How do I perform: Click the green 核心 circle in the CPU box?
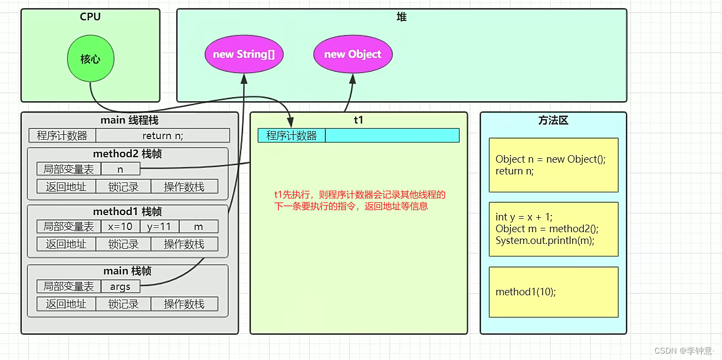click(90, 59)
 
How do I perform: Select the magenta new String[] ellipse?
click(244, 54)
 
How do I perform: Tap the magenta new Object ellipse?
click(353, 54)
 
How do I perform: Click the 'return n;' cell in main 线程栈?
click(163, 135)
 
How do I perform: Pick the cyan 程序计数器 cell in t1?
click(291, 135)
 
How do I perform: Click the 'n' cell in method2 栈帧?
click(120, 169)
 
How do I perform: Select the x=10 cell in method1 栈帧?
click(120, 226)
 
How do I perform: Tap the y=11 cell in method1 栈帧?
click(159, 226)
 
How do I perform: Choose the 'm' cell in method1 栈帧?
click(199, 226)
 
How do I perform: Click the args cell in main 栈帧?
click(120, 286)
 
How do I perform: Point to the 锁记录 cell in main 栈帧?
click(123, 304)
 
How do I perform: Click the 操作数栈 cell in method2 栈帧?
click(184, 186)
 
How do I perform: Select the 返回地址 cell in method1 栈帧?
click(66, 244)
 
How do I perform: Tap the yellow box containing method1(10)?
click(553, 292)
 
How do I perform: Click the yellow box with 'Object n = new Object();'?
click(553, 165)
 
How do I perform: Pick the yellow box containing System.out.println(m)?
click(553, 229)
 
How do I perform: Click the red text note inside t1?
click(359, 200)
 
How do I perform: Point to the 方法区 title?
click(553, 120)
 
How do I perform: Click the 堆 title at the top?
click(401, 17)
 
